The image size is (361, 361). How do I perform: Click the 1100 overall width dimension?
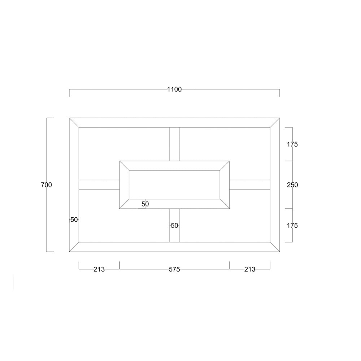coord(174,90)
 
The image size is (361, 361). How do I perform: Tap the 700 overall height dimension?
coord(47,185)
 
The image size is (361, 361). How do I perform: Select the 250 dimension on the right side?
coord(292,185)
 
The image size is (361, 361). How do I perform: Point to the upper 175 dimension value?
coord(292,144)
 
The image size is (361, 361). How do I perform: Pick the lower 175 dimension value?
coord(292,226)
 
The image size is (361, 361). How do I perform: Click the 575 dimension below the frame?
coord(174,269)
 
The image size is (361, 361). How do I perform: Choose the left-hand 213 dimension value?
coord(99,269)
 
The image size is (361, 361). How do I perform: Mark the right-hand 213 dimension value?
coord(249,269)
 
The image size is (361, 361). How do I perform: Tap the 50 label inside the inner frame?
coord(145,204)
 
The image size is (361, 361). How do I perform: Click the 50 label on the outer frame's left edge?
coord(74,219)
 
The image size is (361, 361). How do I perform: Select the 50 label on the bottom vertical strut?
coord(174,226)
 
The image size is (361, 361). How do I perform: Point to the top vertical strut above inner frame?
coord(174,144)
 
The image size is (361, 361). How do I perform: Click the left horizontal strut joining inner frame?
coord(99,184)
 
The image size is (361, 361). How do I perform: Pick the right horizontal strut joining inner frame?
coord(250,184)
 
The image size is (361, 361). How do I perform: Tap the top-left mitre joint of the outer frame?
coord(74,123)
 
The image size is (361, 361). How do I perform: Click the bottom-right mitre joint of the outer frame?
coord(275,247)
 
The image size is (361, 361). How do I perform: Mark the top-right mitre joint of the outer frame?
coord(275,123)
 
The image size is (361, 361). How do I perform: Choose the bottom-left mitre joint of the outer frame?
coord(74,247)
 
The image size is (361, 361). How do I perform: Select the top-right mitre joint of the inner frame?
coord(225,166)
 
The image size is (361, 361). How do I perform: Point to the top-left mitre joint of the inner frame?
coord(124,166)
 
